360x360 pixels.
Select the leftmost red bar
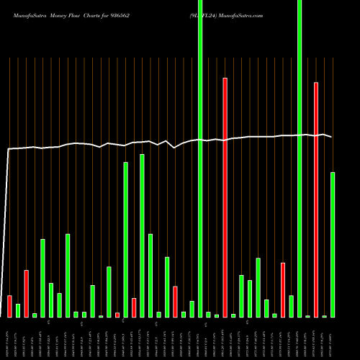(9, 306)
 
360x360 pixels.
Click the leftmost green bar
(18, 310)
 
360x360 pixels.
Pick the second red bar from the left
(26, 294)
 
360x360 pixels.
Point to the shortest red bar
(117, 315)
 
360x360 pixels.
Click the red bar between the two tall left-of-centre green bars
(134, 307)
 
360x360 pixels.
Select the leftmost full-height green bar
(200, 158)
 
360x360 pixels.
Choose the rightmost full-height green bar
(300, 158)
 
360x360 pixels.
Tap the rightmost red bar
(316, 199)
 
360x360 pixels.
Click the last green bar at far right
(333, 245)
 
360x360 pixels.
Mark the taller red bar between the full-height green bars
(225, 197)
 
